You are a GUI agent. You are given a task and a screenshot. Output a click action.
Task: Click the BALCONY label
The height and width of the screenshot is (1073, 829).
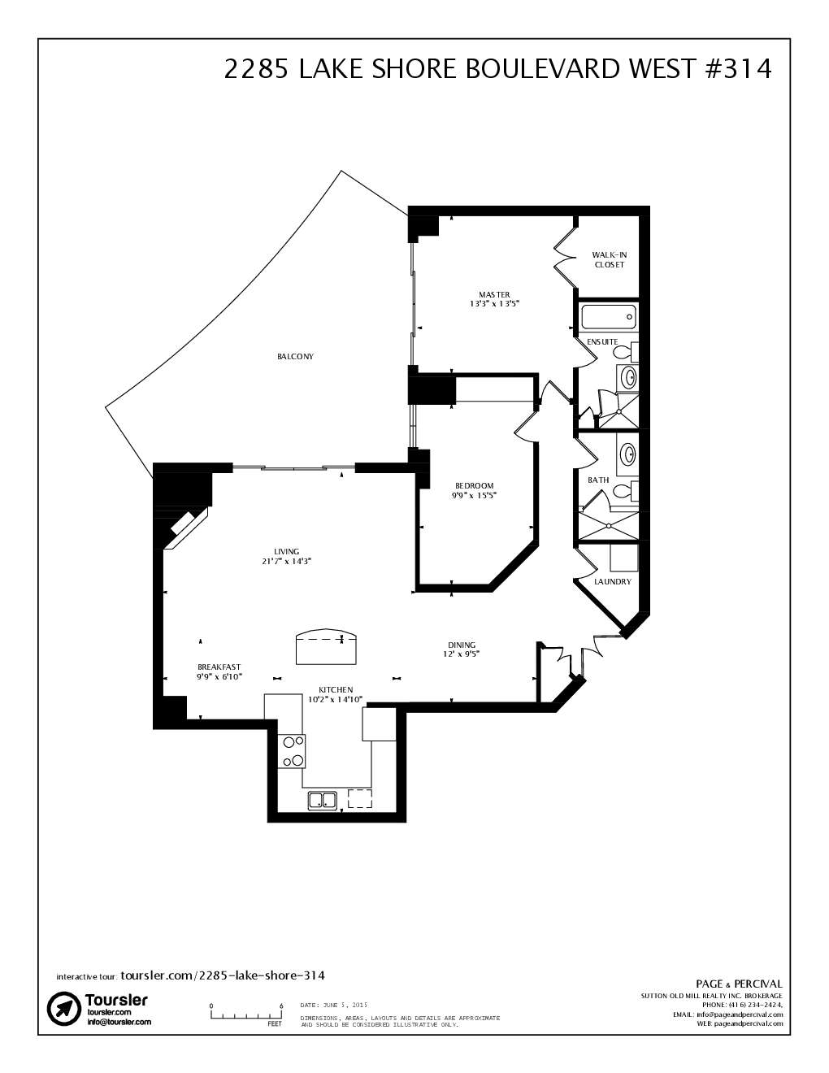click(x=295, y=357)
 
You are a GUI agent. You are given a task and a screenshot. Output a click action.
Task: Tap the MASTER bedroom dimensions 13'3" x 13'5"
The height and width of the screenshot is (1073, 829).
click(x=493, y=303)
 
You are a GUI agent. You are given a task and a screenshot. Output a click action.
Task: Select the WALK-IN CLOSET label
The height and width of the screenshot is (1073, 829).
click(x=609, y=259)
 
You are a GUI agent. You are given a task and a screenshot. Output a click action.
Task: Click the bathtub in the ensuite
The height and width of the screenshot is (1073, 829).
click(x=609, y=317)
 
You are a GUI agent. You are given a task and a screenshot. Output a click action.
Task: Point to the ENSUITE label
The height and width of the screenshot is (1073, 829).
click(x=602, y=341)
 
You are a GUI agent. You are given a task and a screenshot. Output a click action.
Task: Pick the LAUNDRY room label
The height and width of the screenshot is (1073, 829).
click(x=612, y=582)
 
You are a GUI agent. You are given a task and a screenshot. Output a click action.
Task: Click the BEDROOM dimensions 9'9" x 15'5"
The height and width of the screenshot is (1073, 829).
click(x=474, y=495)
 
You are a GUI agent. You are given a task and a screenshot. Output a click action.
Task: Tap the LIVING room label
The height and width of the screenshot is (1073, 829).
click(x=286, y=552)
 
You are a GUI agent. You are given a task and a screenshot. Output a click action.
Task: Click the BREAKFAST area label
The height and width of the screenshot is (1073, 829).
click(x=219, y=667)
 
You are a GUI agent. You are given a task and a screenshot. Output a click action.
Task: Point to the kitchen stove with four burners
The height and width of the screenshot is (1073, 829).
click(x=292, y=751)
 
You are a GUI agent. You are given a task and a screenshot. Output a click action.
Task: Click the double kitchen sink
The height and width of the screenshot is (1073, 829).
click(x=323, y=800)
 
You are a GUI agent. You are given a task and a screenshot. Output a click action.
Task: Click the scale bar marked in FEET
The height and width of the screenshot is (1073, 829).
click(x=246, y=1014)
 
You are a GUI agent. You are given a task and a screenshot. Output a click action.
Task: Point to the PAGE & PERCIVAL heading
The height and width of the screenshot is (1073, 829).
click(x=739, y=984)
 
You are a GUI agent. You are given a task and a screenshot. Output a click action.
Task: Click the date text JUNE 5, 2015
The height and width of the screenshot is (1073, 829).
click(x=334, y=1005)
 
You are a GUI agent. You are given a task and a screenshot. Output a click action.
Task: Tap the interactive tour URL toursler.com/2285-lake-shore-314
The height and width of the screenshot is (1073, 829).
click(x=223, y=975)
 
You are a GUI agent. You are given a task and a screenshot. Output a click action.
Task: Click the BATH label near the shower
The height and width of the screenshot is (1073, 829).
click(x=598, y=480)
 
